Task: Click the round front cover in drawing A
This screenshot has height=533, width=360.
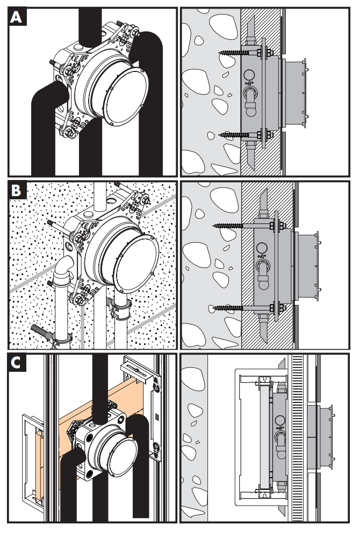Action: pyautogui.click(x=125, y=97)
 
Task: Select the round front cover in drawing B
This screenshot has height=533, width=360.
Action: pyautogui.click(x=136, y=263)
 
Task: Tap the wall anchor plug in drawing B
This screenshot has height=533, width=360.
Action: pyautogui.click(x=41, y=331)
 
